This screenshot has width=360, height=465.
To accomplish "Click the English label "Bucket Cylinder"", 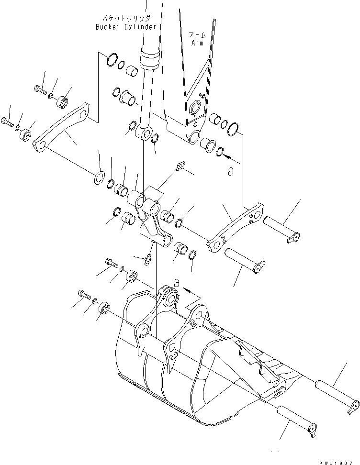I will coord(125,27).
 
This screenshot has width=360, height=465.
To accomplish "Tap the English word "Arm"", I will coord(197,43).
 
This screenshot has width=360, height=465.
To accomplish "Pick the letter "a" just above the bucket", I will coord(177,284).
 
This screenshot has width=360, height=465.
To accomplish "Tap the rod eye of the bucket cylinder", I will coord(146,133).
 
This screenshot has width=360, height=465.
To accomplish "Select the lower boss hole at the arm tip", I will coord(194,138).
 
